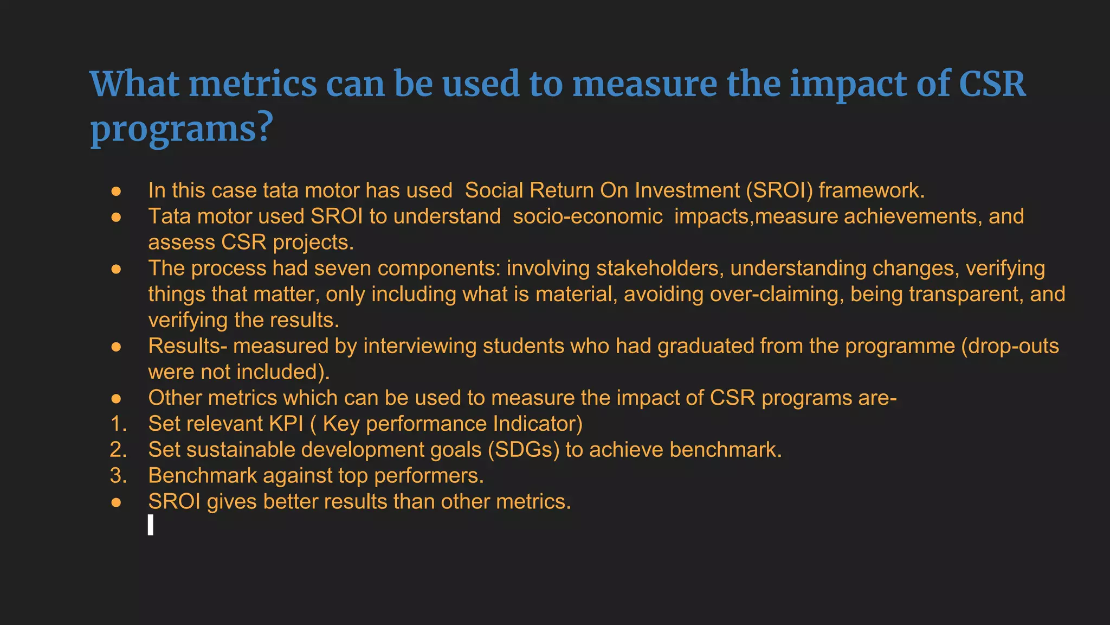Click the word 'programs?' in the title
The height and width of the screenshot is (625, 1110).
click(x=182, y=129)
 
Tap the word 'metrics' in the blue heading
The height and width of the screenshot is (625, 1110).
click(x=253, y=84)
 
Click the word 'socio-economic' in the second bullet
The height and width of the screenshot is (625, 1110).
click(x=588, y=216)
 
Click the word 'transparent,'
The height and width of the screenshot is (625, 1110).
click(x=966, y=294)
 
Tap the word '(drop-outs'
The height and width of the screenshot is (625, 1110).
click(x=1010, y=346)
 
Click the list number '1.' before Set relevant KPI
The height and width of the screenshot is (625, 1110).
click(x=118, y=424)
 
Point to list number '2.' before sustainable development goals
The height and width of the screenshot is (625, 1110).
click(x=118, y=450)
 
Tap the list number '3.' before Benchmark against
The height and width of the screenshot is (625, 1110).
click(x=118, y=476)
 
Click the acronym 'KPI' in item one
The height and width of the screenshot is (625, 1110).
click(x=286, y=424)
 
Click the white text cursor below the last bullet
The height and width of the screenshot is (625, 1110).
click(x=151, y=525)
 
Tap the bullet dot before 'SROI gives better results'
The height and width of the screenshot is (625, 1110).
click(x=116, y=502)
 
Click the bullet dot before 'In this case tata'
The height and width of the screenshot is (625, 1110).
click(x=116, y=191)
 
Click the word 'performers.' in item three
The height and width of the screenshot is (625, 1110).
click(x=429, y=476)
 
